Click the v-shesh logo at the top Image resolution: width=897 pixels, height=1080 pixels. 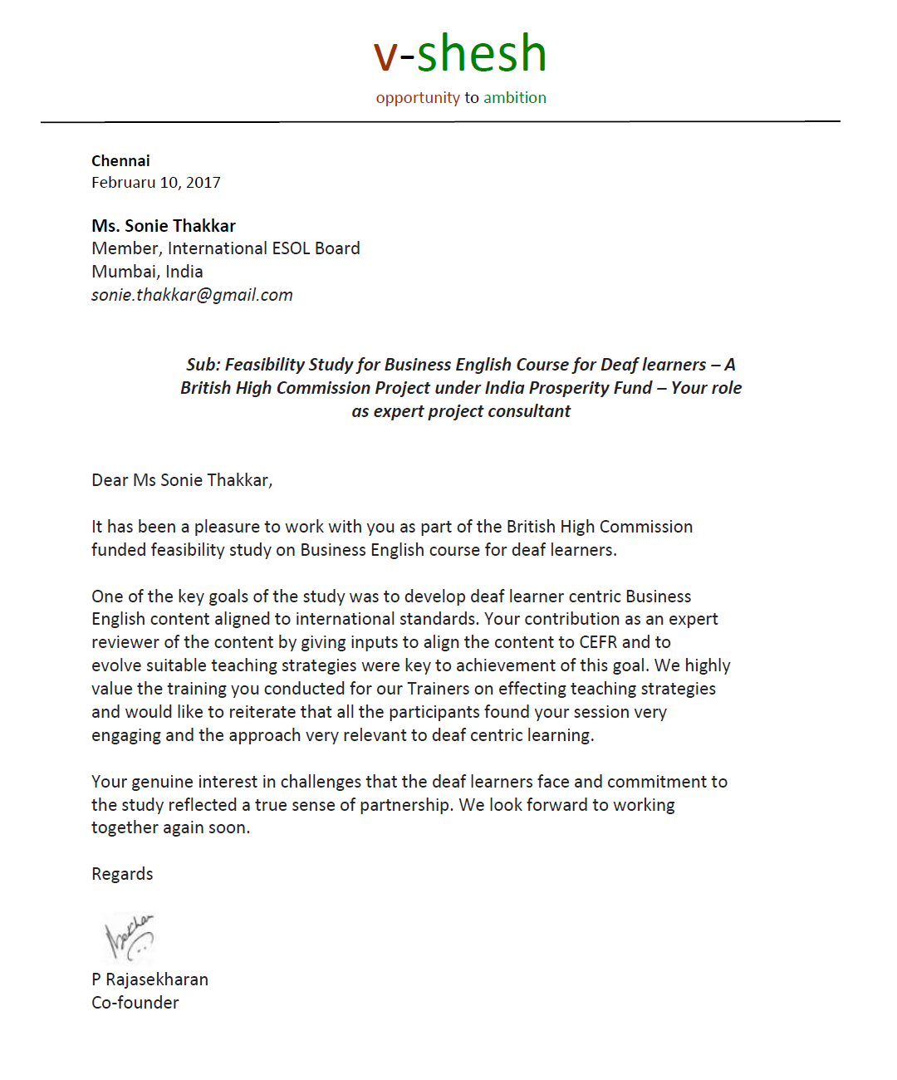[460, 54]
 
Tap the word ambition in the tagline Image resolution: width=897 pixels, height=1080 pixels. [515, 97]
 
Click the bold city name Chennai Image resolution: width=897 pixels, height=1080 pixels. [120, 161]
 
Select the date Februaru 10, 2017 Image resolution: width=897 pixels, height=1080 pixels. [156, 183]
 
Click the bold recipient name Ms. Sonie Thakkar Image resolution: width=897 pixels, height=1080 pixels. [164, 226]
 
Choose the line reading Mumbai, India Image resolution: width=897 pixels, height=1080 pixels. [147, 272]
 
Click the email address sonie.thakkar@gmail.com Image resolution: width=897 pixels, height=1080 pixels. [192, 295]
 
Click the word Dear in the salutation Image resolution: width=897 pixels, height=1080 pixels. [110, 480]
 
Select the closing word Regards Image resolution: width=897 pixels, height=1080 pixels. [122, 874]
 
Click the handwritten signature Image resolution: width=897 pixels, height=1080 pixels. [129, 937]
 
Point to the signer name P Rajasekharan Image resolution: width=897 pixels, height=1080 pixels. [149, 979]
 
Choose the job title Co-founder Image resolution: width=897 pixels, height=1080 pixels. [135, 1003]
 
